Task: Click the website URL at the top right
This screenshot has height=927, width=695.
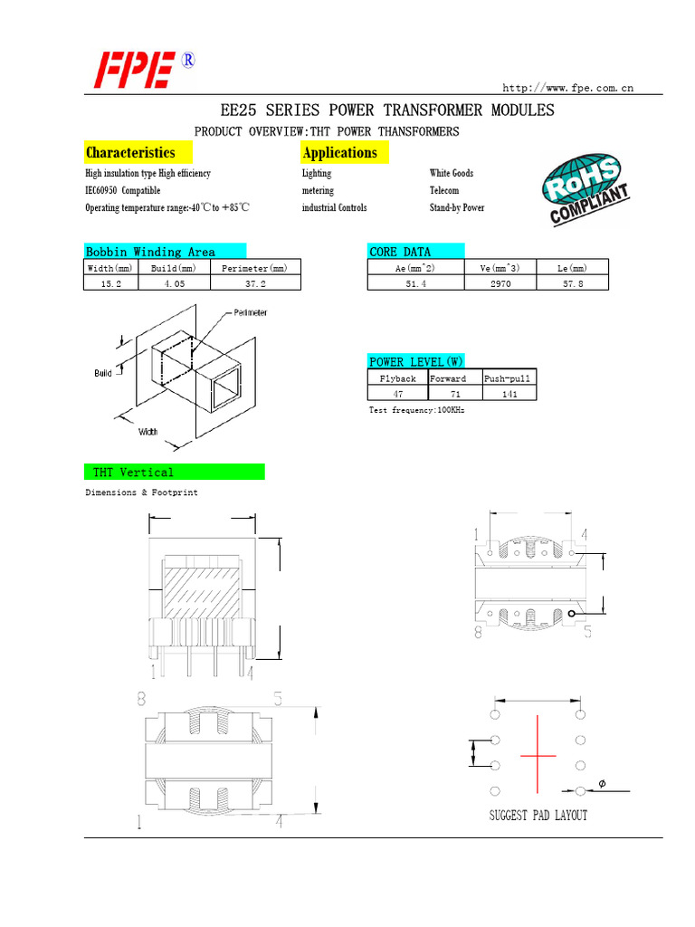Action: [567, 88]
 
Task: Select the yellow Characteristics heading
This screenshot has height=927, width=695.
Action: [130, 152]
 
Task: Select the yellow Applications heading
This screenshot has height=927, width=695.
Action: [340, 152]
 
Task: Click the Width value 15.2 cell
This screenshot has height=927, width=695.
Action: [110, 283]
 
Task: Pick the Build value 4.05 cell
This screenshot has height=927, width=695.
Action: [173, 283]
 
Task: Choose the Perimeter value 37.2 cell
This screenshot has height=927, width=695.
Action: [254, 283]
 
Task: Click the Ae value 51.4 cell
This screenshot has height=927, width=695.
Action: [415, 283]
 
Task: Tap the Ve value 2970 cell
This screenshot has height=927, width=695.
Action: [500, 283]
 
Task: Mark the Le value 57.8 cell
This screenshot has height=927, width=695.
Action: [572, 283]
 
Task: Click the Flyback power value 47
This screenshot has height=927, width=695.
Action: [397, 394]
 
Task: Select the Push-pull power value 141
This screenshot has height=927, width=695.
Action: [509, 394]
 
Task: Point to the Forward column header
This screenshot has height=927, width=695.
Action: [448, 378]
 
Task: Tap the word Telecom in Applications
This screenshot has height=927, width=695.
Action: [444, 191]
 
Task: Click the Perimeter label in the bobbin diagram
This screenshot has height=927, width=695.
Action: [251, 312]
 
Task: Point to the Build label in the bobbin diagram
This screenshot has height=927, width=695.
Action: [103, 373]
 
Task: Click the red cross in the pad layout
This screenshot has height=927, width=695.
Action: [538, 754]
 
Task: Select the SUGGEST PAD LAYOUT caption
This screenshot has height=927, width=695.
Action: [538, 816]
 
